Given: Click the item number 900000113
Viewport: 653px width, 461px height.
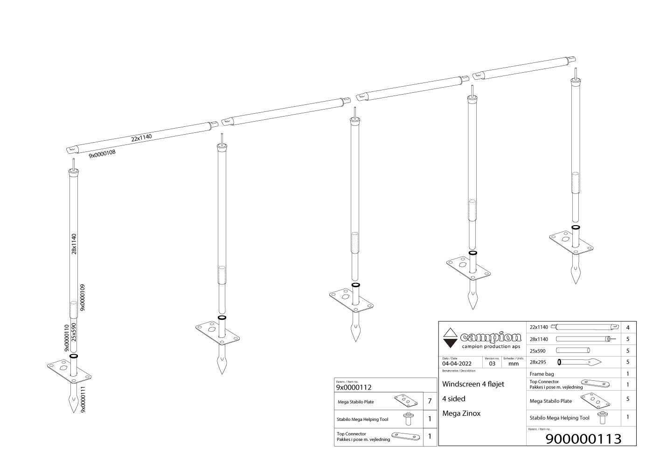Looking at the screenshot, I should (584, 439).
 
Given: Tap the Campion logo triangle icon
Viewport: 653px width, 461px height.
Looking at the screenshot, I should (449, 338).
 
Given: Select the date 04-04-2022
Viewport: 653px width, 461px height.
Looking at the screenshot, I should (457, 364).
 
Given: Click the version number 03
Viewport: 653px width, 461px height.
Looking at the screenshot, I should (492, 364).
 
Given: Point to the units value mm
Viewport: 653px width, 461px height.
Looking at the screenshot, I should (513, 364).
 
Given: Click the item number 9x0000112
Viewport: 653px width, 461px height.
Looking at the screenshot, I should (354, 387).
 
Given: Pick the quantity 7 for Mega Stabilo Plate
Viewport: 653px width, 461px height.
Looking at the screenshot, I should (430, 401).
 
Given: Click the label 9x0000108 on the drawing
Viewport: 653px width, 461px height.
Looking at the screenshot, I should (102, 153).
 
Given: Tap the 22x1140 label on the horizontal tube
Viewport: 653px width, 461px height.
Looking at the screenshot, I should (141, 138).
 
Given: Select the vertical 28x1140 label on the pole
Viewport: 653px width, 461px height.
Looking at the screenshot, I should (74, 244).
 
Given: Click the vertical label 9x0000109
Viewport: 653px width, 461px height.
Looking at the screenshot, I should (83, 297).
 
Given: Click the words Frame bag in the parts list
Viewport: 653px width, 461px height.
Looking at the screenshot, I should (542, 374).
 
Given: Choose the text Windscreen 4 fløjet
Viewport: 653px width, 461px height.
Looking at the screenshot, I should (473, 384).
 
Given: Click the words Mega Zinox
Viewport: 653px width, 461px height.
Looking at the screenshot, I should (461, 413).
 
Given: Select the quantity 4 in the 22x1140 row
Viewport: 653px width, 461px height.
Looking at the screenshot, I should (628, 328).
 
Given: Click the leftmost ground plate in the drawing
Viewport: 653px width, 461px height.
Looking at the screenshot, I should (69, 372).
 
